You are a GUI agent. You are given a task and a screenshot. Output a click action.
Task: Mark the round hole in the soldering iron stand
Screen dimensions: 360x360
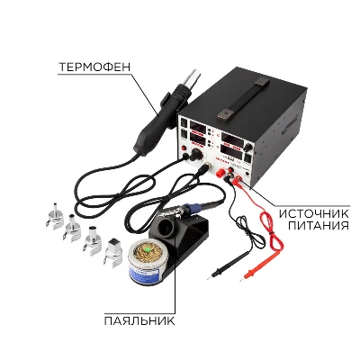[x=167, y=229]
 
